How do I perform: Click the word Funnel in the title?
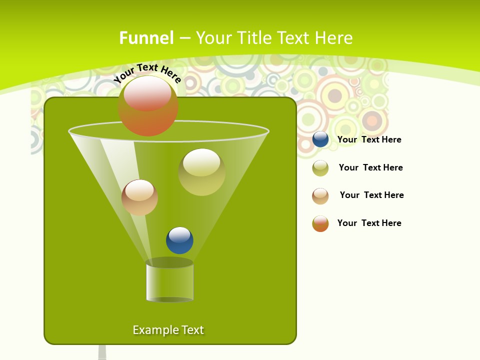(146, 38)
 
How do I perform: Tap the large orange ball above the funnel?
(147, 106)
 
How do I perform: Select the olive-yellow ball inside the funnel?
(201, 172)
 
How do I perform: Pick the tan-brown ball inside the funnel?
(139, 197)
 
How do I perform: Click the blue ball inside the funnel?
(179, 240)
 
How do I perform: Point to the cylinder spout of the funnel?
(169, 281)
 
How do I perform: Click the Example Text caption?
(168, 330)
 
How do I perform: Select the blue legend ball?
(320, 139)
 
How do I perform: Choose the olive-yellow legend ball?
(320, 168)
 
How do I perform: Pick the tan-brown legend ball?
(320, 196)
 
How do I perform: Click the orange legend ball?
(320, 223)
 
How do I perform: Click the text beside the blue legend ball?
(369, 139)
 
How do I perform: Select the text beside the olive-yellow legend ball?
(370, 167)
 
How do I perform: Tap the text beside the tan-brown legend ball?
(371, 195)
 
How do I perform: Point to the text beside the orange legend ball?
(369, 223)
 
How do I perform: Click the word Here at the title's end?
(333, 38)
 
